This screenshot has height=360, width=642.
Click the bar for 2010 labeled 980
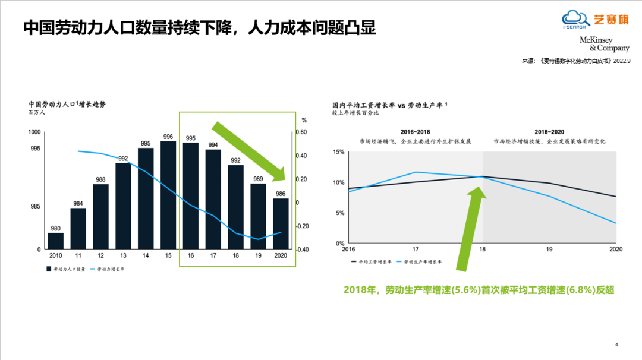coord(55,241)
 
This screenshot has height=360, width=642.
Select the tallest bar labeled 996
coord(168,195)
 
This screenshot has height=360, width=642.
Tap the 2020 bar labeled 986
coord(281,223)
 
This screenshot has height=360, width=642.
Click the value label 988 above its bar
coord(100,179)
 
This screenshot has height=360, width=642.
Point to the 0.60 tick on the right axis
coord(303,132)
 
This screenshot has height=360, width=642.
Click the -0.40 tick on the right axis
coord(303,250)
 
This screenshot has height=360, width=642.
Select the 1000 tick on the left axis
coord(35,132)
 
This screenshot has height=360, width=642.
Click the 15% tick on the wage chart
coord(338,152)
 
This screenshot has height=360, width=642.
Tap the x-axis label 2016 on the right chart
coord(348,250)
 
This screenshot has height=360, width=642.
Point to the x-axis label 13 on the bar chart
coord(123,255)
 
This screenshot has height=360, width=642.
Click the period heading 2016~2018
coord(415,131)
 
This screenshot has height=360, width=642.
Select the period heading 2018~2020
coord(549,131)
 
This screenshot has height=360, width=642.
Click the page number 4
coord(616,344)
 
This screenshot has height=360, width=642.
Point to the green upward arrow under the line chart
coord(470,232)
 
